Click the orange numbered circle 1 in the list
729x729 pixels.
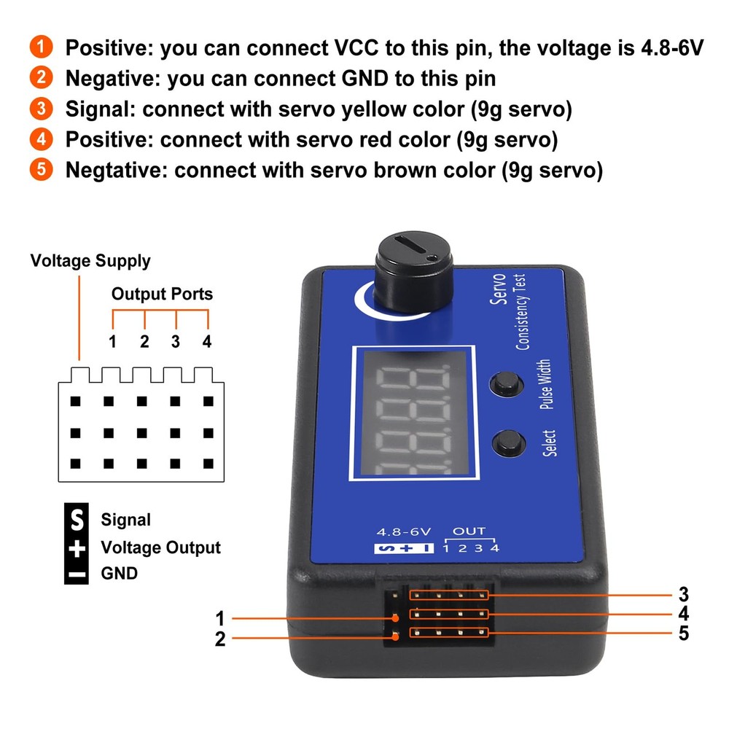(42, 47)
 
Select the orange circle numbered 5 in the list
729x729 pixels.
(42, 170)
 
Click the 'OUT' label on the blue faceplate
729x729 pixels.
(469, 532)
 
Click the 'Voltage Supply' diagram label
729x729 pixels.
(90, 261)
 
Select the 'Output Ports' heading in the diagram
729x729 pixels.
(162, 294)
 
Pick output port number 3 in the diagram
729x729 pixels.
(176, 341)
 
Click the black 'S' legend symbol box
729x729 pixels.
(77, 519)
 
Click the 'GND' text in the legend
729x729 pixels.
(119, 573)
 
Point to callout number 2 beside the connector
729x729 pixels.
(220, 639)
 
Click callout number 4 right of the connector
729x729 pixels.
(683, 613)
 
